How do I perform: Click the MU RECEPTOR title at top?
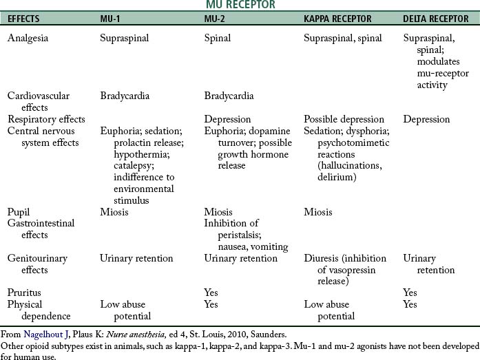coord(240,5)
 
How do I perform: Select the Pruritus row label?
coord(25,293)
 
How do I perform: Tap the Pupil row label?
coord(19,211)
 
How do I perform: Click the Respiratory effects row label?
coord(45,119)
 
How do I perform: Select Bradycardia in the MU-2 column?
coord(229,96)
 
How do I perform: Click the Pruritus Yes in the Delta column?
coord(410,293)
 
